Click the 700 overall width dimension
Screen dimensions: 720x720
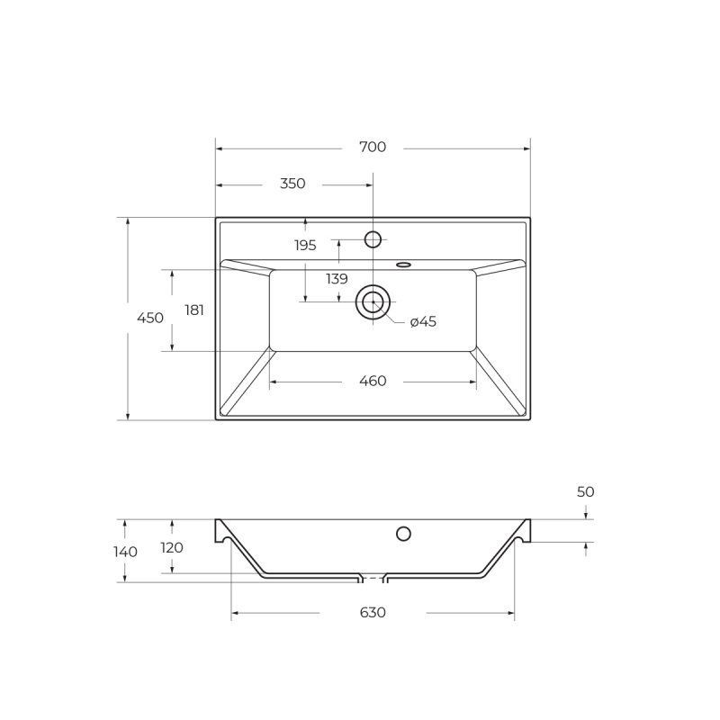pos(373,147)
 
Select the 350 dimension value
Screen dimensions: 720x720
pos(292,184)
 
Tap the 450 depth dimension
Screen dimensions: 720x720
pos(150,318)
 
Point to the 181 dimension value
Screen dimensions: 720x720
pos(194,310)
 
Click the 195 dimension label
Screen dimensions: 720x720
pos(305,245)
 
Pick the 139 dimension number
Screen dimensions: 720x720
pos(337,279)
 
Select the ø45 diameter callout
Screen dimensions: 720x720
pos(423,322)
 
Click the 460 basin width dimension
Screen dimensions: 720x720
pos(373,382)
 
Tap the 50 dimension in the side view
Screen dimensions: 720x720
pos(586,492)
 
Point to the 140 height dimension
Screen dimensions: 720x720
pos(126,552)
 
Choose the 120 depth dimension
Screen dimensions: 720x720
pos(172,547)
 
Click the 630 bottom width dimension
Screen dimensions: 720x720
pos(373,613)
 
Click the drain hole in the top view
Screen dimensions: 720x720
pos(373,301)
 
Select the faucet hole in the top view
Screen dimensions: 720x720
pos(373,239)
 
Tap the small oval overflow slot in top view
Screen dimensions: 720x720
pos(403,265)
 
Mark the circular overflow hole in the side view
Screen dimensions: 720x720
pos(404,534)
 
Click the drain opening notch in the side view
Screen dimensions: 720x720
pos(373,575)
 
